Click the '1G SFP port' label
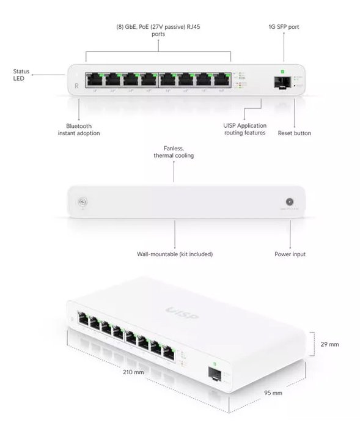tap(284, 27)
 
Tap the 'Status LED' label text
tap(21, 75)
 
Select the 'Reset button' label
tap(294, 133)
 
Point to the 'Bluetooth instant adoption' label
tap(79, 129)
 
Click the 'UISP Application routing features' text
tap(244, 129)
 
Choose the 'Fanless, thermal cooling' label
tap(174, 152)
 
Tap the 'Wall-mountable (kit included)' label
tap(175, 254)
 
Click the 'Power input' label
tap(290, 254)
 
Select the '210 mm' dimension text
tap(134, 371)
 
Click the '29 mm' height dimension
tap(329, 344)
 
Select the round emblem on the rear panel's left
tap(81, 202)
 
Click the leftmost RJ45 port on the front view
tap(95, 79)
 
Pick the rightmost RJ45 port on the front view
tap(221, 79)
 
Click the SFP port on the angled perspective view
tap(215, 373)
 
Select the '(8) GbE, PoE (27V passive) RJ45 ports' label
tap(158, 31)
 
